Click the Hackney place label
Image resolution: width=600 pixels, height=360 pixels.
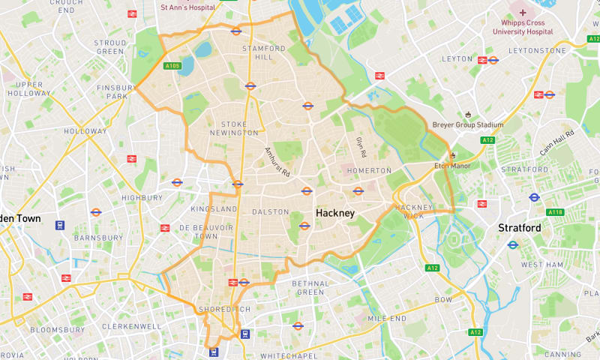[x=334, y=214]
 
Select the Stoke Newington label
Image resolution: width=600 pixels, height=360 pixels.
[x=239, y=129]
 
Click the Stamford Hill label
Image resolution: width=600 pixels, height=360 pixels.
[x=263, y=52]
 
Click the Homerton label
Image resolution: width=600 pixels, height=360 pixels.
[x=364, y=171]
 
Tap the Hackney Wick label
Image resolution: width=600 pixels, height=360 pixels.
[x=415, y=211]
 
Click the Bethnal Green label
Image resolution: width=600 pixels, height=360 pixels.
[x=310, y=288]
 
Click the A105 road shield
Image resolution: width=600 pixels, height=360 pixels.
[x=172, y=66]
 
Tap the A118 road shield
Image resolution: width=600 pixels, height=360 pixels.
[x=555, y=212]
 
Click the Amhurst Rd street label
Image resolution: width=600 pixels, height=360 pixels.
[x=277, y=161]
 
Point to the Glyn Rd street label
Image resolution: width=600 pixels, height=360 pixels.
[x=360, y=147]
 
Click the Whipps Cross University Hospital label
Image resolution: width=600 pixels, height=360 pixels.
[x=523, y=27]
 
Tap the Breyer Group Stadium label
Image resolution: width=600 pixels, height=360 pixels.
[x=468, y=124]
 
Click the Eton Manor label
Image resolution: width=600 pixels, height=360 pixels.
[x=452, y=166]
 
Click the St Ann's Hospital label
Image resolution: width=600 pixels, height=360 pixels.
[x=187, y=7]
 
